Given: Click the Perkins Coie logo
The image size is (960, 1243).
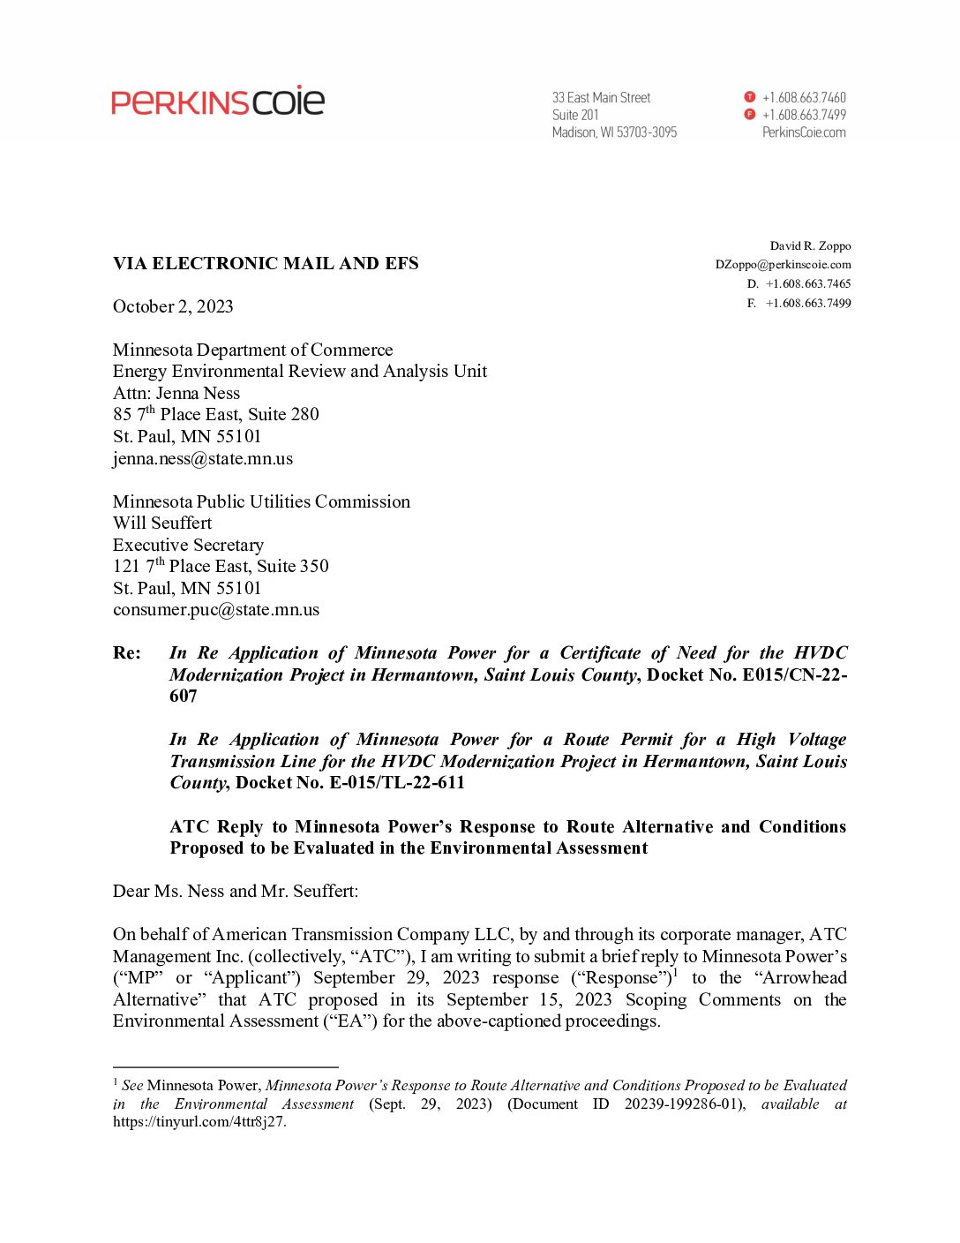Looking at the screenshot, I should pyautogui.click(x=218, y=102).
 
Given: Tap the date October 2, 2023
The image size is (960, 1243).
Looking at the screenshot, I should pyautogui.click(x=173, y=306).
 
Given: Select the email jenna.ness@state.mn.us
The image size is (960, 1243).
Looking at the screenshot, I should pyautogui.click(x=203, y=458).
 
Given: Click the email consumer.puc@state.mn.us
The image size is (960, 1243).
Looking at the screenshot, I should pyautogui.click(x=216, y=609).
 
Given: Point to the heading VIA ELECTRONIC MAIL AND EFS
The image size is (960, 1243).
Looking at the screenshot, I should pyautogui.click(x=266, y=263).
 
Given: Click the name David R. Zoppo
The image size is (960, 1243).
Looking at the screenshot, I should pyautogui.click(x=810, y=245).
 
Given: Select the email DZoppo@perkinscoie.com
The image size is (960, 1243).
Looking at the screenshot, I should pyautogui.click(x=783, y=264).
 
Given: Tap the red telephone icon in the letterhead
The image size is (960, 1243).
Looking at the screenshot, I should pyautogui.click(x=750, y=97).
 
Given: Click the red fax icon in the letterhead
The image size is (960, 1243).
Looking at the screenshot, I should pyautogui.click(x=750, y=115).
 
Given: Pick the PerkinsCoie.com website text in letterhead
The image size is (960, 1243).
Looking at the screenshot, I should pyautogui.click(x=804, y=132).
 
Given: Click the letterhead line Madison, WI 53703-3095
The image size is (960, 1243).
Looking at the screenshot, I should pyautogui.click(x=614, y=132).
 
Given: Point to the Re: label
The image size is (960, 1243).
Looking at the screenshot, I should pyautogui.click(x=127, y=653).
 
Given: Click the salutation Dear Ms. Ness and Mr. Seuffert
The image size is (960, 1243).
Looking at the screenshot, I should pyautogui.click(x=236, y=891).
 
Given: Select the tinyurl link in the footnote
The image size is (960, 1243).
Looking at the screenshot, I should pyautogui.click(x=199, y=1122).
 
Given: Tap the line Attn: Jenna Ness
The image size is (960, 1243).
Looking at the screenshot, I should pyautogui.click(x=176, y=393).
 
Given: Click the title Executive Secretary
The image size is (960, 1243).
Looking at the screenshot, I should pyautogui.click(x=188, y=545).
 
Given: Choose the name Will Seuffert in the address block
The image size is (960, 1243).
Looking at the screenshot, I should pyautogui.click(x=162, y=523).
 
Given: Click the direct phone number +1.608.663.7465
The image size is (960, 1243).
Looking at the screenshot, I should pyautogui.click(x=808, y=283).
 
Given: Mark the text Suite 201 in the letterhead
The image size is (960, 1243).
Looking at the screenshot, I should pyautogui.click(x=575, y=115).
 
